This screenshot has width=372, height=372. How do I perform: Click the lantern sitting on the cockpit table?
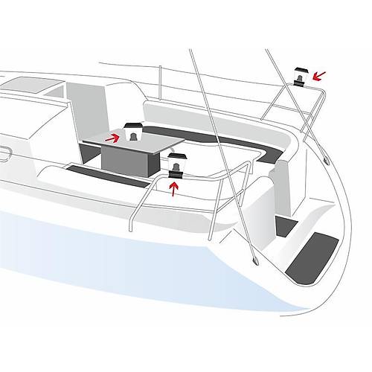[x=134, y=133]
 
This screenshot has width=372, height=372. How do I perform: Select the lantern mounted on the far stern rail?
[x=301, y=76]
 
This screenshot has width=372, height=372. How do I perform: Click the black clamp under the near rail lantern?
[x=176, y=174]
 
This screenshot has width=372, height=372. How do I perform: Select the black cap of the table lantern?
[x=134, y=124]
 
